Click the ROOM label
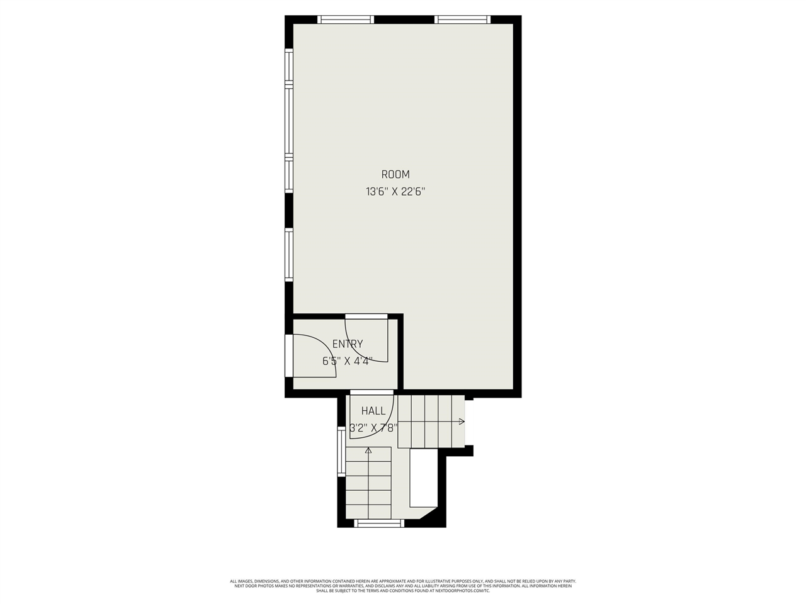tap(395, 174)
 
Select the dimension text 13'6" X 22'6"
tap(395, 192)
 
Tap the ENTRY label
tap(348, 344)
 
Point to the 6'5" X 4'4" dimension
tap(348, 361)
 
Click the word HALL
tap(373, 411)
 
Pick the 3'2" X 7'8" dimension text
tap(373, 428)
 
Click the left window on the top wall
tap(346, 20)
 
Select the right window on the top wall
tap(463, 20)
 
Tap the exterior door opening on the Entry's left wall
tap(289, 355)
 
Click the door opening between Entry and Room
tap(366, 316)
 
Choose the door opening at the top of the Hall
tap(372, 393)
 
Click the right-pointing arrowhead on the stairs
tap(462, 421)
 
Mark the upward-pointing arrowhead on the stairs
tap(368, 450)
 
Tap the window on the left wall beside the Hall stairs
tap(341, 452)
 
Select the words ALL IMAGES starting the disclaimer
tap(241, 581)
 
